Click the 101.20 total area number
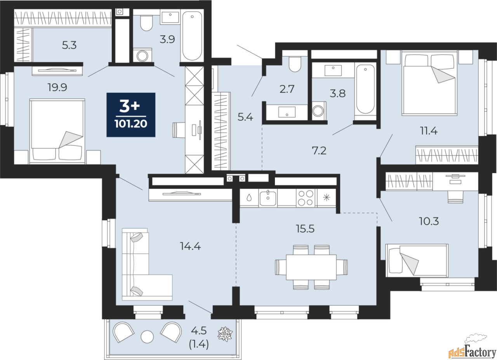pos(131,124)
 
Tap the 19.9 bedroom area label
pos(57,87)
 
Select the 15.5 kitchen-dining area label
pos(305,228)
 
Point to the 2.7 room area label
pos(287,89)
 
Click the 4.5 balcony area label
pos(199,331)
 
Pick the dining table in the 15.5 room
pos(311,267)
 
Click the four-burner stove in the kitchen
pos(306,198)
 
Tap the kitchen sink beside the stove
pos(268,198)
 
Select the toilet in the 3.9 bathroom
pos(146,23)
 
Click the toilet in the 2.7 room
pos(295,64)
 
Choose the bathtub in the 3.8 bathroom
pos(365,89)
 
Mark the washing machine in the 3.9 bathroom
pos(142,55)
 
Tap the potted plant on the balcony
pos(225,334)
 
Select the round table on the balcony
pos(147,337)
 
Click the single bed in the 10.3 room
pos(417,260)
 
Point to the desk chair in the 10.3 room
pos(455,197)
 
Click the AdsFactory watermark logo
pos(472,351)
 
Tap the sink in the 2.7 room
pos(287,112)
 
